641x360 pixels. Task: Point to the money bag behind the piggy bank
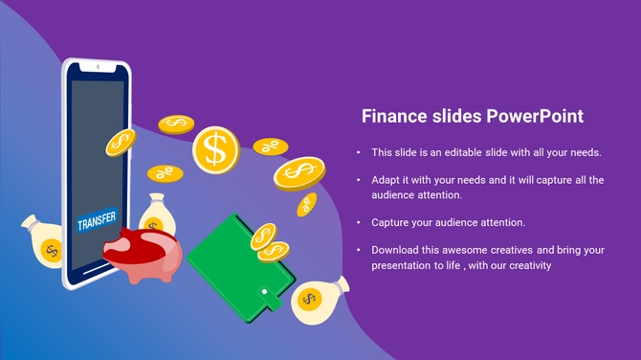coord(157,214)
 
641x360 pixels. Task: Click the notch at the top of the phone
coord(96,67)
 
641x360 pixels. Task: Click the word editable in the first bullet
coord(468,152)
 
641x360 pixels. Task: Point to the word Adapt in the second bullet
coord(387,180)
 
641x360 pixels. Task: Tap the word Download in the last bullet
coord(395,250)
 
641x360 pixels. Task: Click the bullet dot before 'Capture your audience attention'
coord(358,222)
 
